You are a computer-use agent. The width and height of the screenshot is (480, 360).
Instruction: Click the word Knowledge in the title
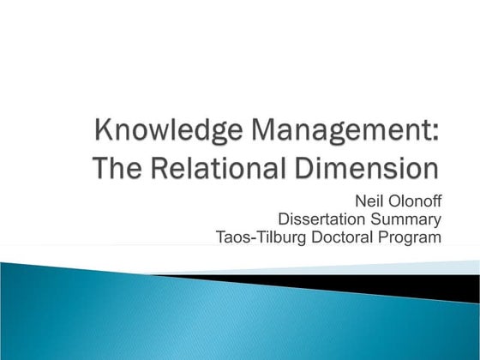(x=159, y=133)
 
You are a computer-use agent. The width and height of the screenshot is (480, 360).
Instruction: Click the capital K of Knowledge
(x=104, y=133)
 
